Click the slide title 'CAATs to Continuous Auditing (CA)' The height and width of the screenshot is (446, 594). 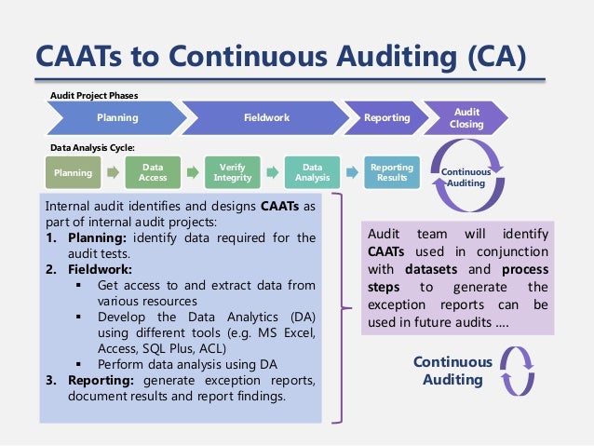point(279,58)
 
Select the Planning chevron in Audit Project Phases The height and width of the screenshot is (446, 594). point(117,118)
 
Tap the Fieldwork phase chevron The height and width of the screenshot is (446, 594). point(266,118)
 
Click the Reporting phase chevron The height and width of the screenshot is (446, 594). point(386,118)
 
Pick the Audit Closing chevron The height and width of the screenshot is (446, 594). point(466,117)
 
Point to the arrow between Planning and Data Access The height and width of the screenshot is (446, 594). point(113,172)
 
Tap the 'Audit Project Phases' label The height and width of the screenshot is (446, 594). point(92,96)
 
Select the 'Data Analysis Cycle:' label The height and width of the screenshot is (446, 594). point(92,147)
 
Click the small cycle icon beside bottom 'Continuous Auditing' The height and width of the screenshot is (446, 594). point(518,370)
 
